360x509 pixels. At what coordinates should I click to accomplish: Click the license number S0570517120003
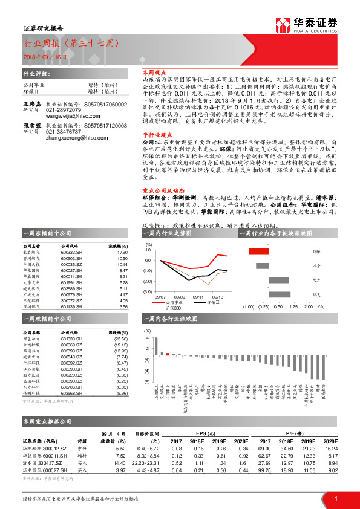coord(105,125)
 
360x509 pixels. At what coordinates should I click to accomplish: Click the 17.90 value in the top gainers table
coord(123,253)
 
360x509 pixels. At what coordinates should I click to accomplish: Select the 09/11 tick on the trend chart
coord(198,297)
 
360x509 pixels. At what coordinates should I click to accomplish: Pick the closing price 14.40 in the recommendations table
coord(120,462)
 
